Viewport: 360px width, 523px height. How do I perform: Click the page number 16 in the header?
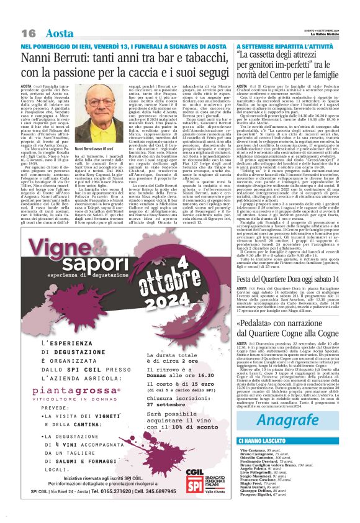click(x=27, y=32)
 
